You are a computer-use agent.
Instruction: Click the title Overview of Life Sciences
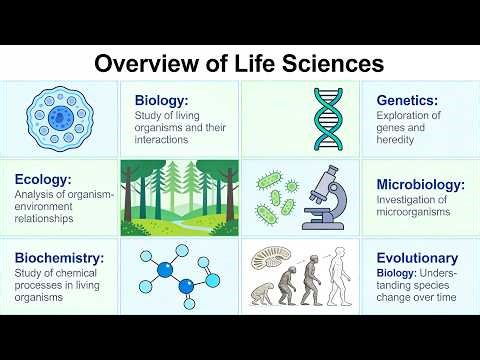[x=239, y=63]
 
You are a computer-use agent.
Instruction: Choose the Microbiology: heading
[x=420, y=184]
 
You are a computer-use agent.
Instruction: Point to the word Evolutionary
[x=417, y=257]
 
